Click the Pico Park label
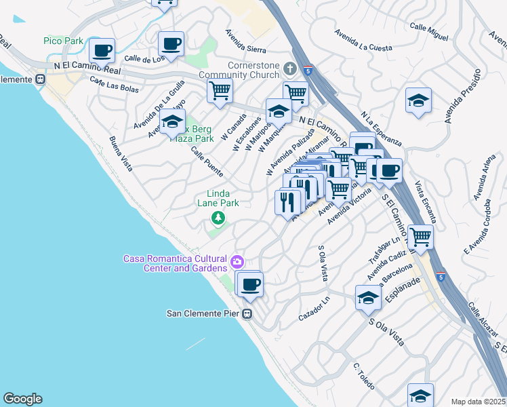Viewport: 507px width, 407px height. (x=63, y=41)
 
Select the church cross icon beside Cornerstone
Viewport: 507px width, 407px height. (x=290, y=68)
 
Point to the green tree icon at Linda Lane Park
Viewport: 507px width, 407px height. (x=218, y=218)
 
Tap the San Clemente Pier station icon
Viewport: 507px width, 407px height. (x=247, y=313)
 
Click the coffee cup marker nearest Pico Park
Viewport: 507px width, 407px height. (x=102, y=51)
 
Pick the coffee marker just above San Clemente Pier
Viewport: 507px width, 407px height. (x=250, y=285)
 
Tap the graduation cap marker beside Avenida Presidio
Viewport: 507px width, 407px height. (x=419, y=101)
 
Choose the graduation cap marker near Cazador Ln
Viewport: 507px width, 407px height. (x=368, y=298)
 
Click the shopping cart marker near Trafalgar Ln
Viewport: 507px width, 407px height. (x=421, y=237)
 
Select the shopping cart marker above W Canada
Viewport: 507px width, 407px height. (x=220, y=90)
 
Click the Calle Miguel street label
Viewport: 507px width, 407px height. (x=429, y=30)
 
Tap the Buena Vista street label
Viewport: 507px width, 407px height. (x=121, y=153)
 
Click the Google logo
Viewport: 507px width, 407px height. (x=22, y=399)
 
